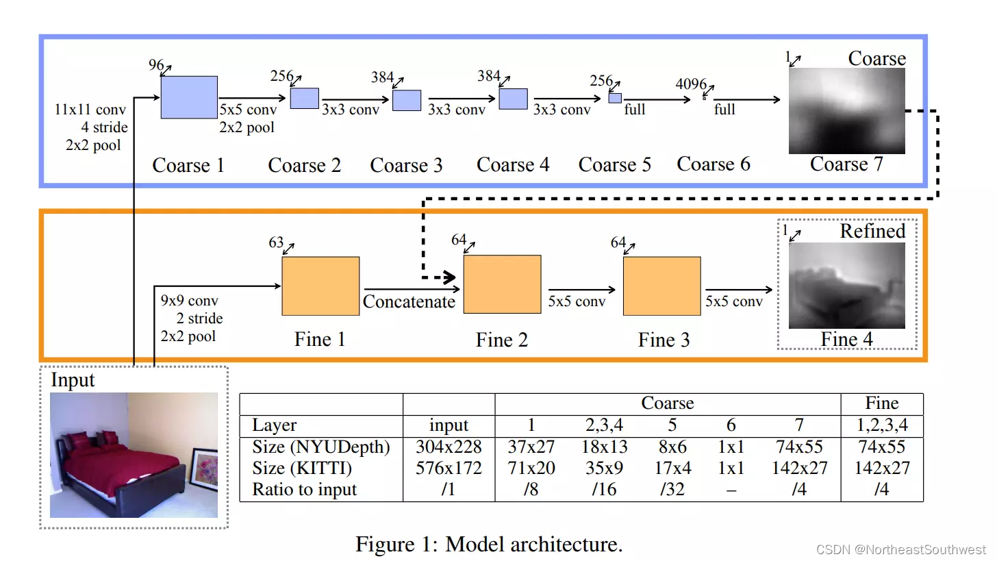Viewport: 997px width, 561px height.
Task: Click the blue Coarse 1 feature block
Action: [189, 97]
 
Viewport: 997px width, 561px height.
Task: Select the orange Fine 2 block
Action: [502, 284]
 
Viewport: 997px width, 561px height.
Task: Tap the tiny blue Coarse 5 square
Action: [615, 98]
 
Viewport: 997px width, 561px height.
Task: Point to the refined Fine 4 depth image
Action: [846, 286]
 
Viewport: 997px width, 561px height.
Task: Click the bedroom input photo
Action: [134, 455]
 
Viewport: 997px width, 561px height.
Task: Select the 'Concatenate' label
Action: [409, 302]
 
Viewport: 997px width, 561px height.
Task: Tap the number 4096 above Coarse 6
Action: [690, 84]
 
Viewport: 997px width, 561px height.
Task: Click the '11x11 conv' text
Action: [90, 110]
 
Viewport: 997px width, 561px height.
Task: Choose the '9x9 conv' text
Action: [189, 301]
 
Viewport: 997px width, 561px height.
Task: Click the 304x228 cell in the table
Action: [449, 447]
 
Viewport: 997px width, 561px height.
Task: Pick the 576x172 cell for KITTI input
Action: [449, 469]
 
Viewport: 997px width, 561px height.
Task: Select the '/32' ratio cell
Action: [672, 490]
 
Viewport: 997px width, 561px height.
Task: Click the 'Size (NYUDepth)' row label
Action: [320, 447]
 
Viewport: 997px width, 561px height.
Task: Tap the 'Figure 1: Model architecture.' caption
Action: [489, 545]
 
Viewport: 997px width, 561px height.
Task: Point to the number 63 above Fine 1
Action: [275, 243]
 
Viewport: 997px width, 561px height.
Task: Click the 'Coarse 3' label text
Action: [406, 166]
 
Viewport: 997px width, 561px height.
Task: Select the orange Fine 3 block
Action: [661, 286]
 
